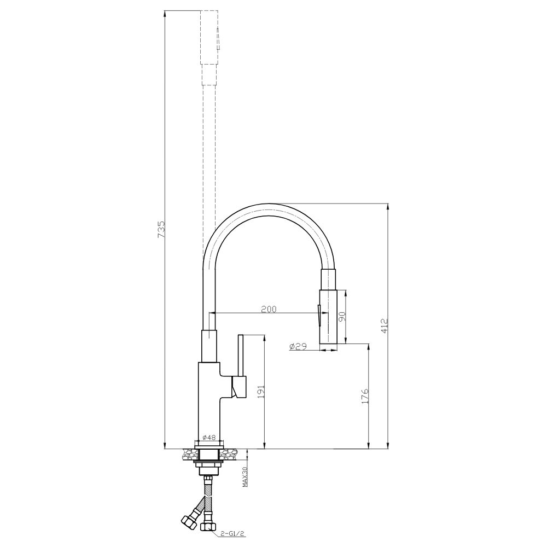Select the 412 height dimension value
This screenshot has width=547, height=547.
pos(384,325)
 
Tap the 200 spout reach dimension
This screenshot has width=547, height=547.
pos(269,309)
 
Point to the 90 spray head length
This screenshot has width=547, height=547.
pos(342,316)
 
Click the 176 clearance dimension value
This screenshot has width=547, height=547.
pos(365,396)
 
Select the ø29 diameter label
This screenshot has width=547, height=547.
pos(298,346)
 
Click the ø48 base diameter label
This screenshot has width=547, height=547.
pos(209,437)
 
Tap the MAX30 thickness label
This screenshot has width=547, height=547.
pos(245,477)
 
